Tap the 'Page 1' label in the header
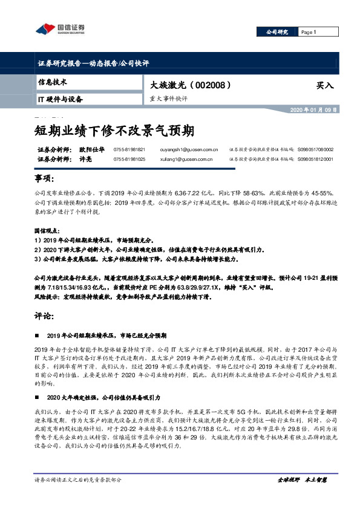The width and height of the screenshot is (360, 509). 309,32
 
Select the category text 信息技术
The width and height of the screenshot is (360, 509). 52,82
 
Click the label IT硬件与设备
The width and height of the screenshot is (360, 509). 60,99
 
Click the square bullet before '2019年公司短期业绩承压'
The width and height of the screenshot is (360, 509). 39,334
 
